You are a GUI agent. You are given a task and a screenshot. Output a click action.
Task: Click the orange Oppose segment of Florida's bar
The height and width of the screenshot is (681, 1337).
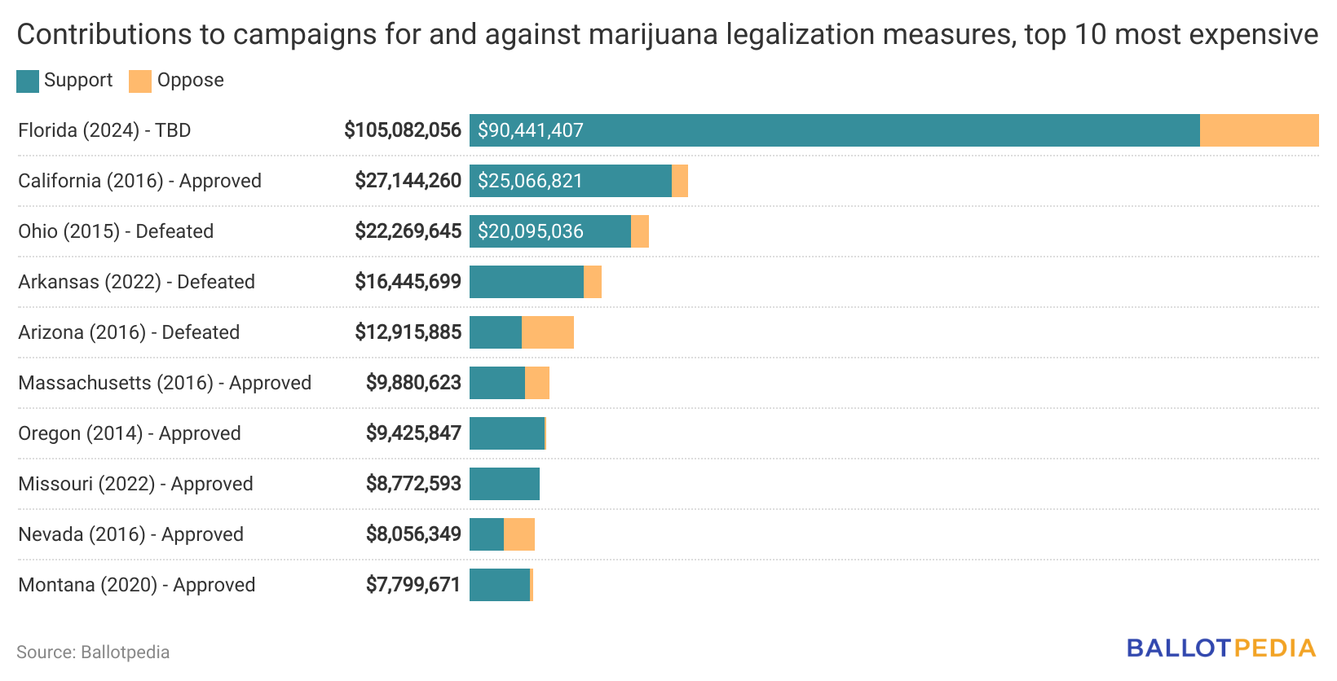coord(1259,130)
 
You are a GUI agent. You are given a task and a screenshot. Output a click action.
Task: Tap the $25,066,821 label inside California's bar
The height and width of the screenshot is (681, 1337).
coord(530,181)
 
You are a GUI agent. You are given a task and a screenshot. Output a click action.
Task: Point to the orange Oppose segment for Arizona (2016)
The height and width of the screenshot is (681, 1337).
coord(548,332)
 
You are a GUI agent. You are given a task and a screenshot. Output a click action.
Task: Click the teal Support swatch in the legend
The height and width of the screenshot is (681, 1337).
coord(28,81)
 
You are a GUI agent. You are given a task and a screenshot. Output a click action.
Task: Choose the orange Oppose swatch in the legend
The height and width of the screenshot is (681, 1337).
coord(140,81)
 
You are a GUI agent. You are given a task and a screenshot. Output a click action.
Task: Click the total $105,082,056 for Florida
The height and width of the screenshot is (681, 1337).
coord(403,130)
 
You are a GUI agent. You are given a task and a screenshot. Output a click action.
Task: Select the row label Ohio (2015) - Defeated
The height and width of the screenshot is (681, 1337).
coord(116,231)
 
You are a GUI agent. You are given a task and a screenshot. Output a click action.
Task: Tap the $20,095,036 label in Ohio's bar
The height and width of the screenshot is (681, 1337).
coord(530,231)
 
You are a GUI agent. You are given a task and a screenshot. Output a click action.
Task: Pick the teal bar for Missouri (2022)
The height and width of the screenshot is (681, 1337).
coord(505,484)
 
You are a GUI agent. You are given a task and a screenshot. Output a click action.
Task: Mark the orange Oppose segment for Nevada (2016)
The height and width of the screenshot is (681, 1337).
coord(519,534)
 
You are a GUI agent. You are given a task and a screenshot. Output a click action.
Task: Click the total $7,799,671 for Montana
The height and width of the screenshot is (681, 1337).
coord(413,585)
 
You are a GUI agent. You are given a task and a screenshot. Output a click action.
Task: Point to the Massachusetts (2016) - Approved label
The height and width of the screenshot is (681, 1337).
coord(165,383)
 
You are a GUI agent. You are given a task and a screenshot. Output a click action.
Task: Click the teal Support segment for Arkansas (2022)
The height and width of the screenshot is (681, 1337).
coord(527,282)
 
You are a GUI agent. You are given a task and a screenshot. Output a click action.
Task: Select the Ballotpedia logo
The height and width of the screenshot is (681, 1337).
coord(1221,648)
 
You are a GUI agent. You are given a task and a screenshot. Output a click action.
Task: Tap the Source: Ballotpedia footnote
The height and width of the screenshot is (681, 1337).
coord(93,652)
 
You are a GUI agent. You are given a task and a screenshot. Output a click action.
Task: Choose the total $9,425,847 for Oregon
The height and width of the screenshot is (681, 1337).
coord(413,433)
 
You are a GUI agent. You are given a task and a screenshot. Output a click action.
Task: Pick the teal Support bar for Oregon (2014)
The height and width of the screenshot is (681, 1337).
coord(506,433)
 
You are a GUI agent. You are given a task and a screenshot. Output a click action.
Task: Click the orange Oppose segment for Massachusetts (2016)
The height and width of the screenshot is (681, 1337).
coord(537,383)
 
